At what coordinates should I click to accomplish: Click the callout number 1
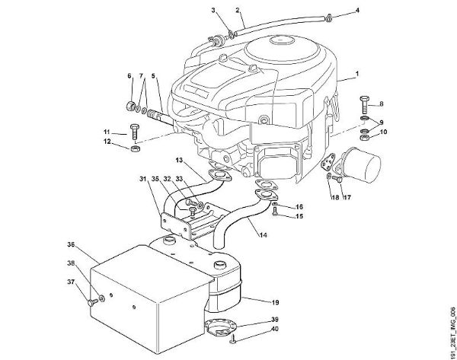(x=356, y=78)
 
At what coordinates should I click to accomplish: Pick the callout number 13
(x=177, y=162)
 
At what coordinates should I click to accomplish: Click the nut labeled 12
(x=134, y=149)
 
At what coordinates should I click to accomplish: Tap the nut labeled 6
(x=131, y=104)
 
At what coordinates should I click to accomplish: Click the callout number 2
(x=238, y=10)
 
